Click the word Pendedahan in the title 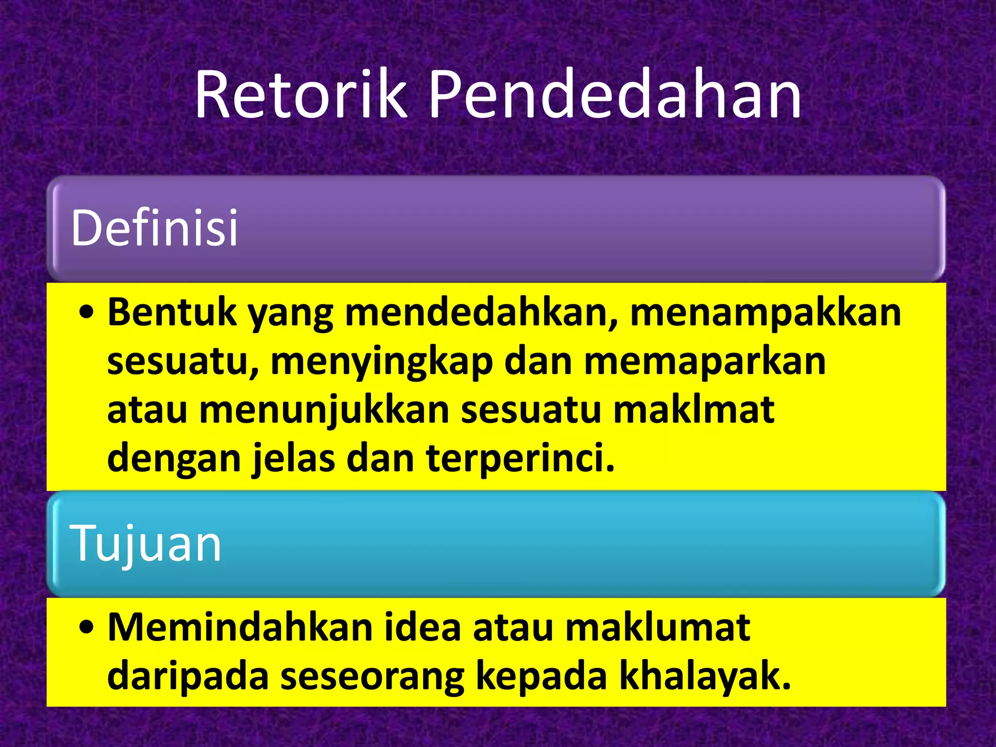point(615,95)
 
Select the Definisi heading point(155,228)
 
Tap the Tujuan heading point(146,544)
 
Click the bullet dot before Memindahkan point(87,628)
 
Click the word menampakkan point(765,313)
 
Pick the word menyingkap point(382,362)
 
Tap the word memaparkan point(705,362)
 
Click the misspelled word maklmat point(694,410)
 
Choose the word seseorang point(373,676)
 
